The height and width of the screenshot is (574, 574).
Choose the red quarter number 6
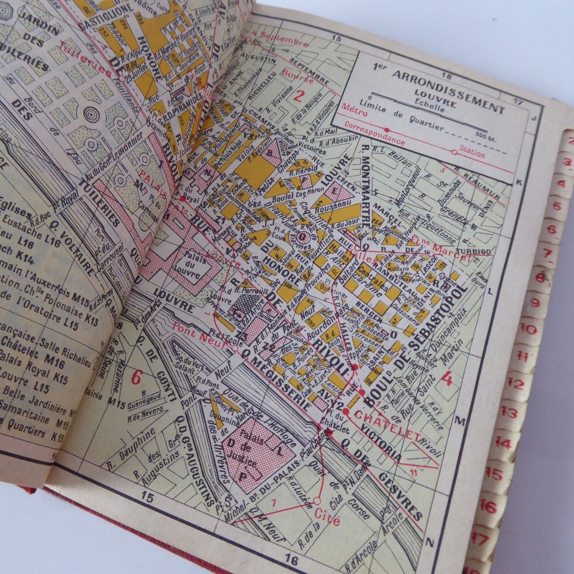[x=137, y=377]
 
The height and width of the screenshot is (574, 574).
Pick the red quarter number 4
[x=446, y=379]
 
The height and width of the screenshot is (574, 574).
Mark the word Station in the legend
[x=473, y=154]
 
